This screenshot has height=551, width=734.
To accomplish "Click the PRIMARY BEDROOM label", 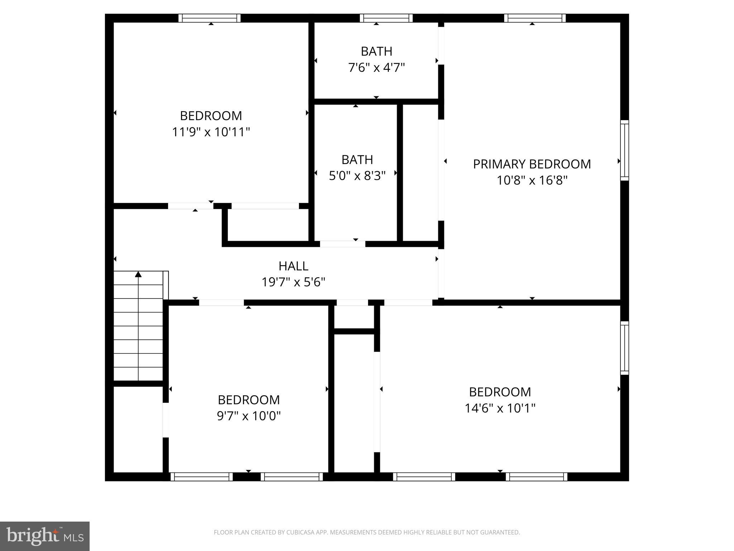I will point(532,164).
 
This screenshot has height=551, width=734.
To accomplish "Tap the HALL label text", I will point(293,266).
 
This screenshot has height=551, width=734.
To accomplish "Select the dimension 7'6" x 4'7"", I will point(376,67).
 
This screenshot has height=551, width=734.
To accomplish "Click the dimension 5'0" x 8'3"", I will point(357,176).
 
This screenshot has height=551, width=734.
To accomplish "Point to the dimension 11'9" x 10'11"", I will point(211,132).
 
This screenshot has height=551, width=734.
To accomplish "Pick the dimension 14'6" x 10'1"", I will point(500,408).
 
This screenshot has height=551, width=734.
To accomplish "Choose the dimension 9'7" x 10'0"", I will point(249,416).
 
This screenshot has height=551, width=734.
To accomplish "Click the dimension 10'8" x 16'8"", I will point(532,180).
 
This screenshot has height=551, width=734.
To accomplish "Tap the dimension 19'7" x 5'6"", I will point(293,282).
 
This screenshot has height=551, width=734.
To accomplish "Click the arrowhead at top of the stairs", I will point(138,274).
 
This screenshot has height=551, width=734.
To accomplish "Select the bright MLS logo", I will point(45,536).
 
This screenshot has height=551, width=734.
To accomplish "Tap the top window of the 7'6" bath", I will point(386,18).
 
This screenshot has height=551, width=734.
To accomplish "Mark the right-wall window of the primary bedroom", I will point(624,150).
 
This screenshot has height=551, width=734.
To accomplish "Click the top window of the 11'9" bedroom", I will point(210,18).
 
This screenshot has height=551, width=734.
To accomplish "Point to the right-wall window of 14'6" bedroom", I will point(624,348).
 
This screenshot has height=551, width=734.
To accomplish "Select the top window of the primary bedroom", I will point(535,18).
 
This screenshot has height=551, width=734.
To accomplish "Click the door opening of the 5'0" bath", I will point(342,244).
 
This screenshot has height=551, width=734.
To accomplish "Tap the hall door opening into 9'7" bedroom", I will point(221,302).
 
